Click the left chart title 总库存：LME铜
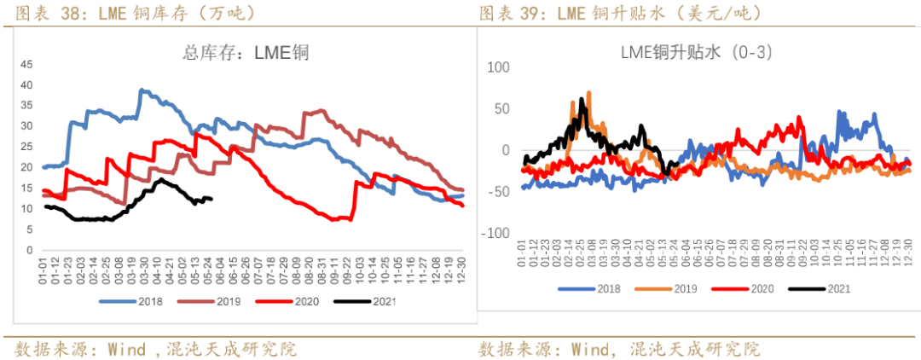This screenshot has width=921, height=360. tap(245, 53)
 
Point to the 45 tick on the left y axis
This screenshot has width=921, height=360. tap(26, 64)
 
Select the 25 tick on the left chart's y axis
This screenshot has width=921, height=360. tap(26, 147)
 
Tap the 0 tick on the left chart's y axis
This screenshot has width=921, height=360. tap(28, 249)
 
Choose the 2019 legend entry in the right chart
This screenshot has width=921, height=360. tap(673, 288)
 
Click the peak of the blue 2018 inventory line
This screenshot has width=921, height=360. tap(142, 90)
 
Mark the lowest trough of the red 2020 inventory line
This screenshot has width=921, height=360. tap(335, 220)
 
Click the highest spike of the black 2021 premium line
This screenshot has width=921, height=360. tap(582, 99)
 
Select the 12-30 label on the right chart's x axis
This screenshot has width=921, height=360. tap(907, 253)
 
